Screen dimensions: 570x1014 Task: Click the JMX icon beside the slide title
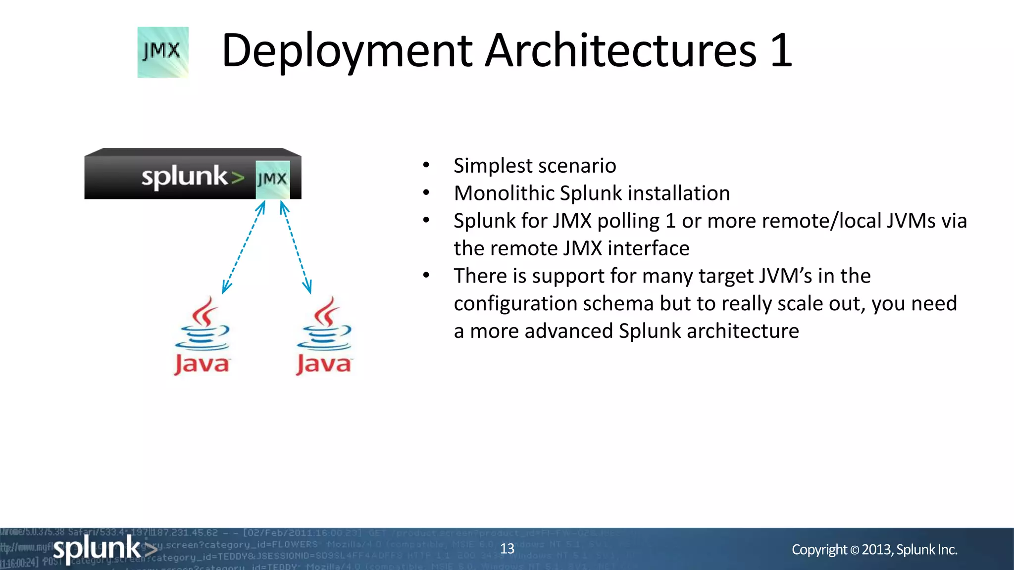pos(163,52)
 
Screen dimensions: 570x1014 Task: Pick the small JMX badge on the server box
pos(272,179)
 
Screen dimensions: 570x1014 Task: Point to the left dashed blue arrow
pos(244,247)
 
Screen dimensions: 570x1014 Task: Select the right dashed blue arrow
pos(296,247)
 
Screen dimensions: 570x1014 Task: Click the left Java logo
pos(202,336)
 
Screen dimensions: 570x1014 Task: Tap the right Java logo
pos(324,336)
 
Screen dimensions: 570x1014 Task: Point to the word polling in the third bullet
pos(628,221)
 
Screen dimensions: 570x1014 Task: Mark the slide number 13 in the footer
pos(507,549)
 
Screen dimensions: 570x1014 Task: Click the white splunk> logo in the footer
pos(104,549)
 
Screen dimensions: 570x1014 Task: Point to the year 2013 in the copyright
pos(877,550)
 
